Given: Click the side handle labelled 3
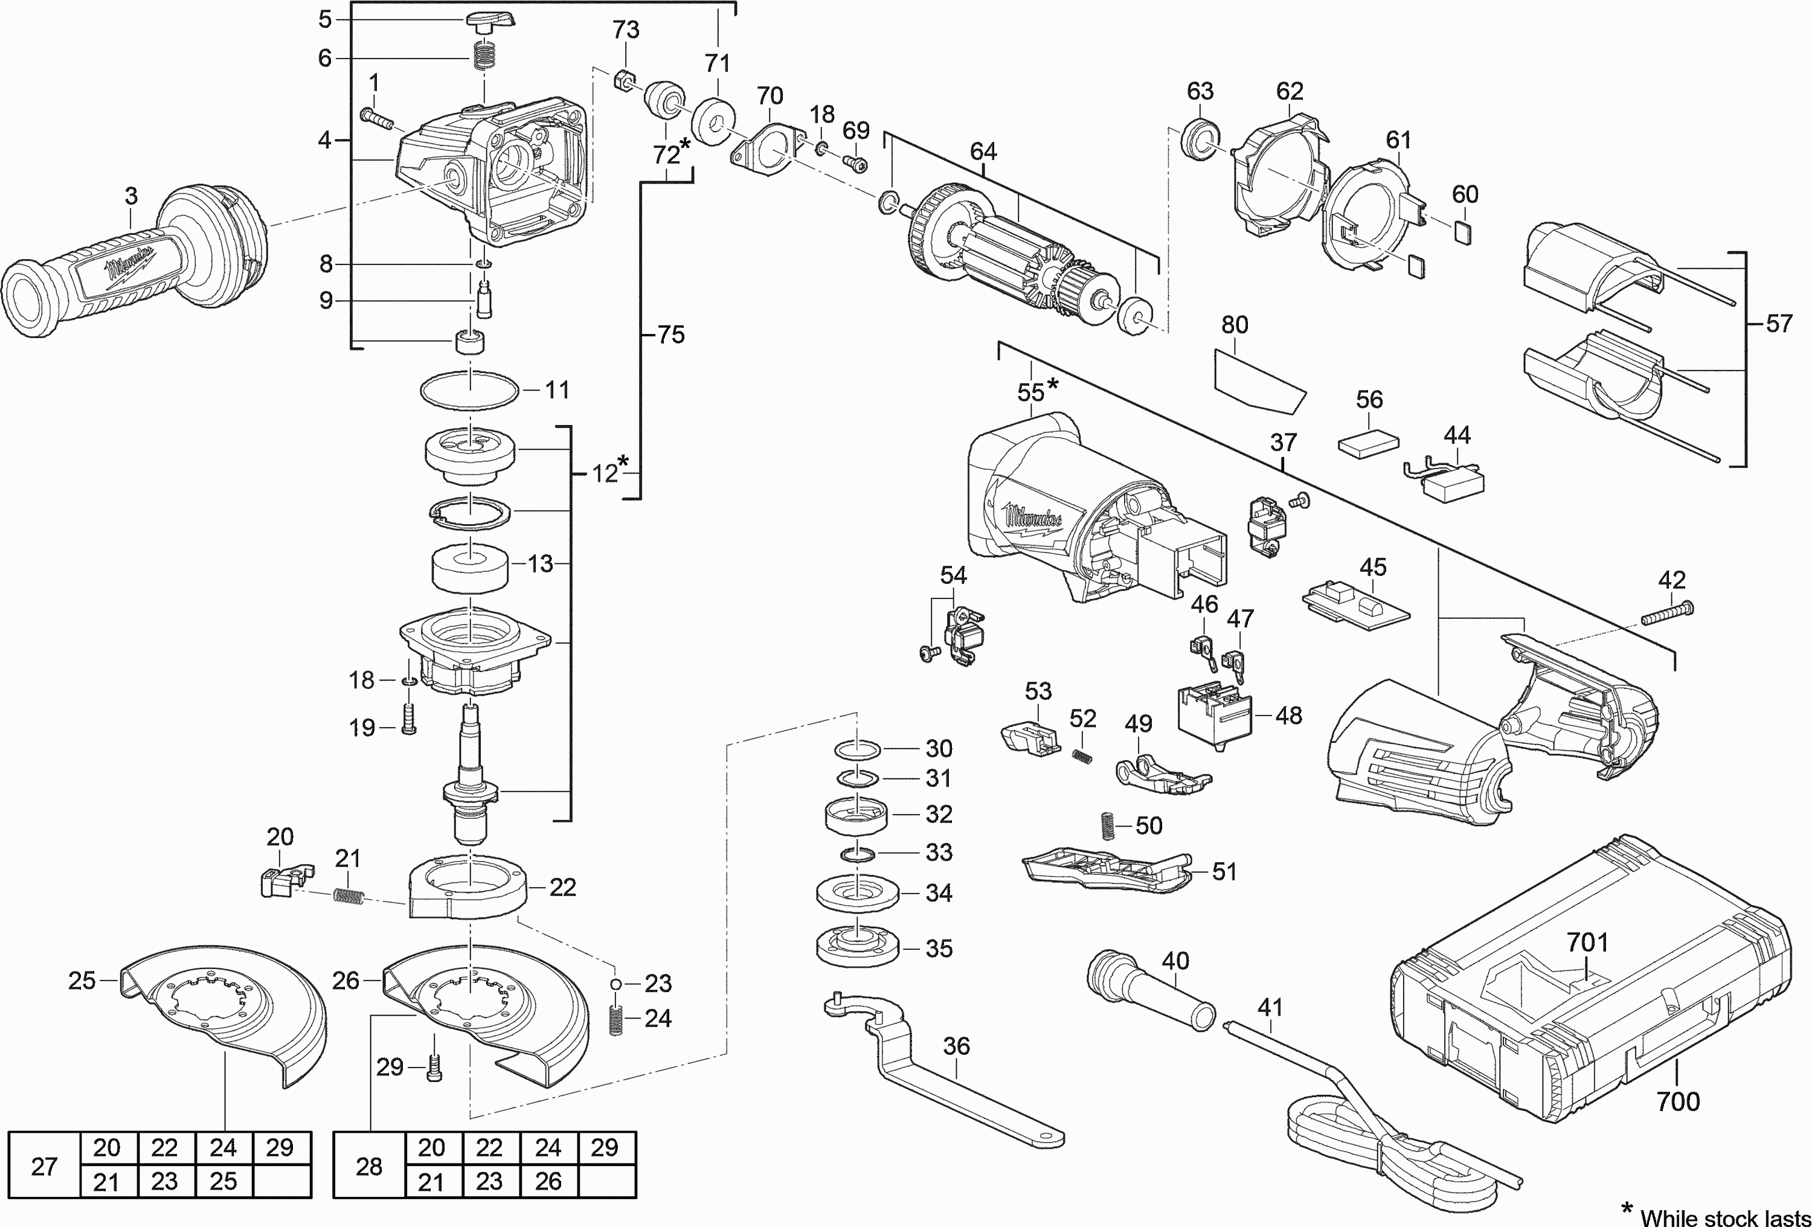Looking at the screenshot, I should point(132,265).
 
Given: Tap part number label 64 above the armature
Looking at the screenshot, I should point(983,151).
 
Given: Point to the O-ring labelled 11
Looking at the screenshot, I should point(470,389).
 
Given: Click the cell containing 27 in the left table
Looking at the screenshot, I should point(45,1165).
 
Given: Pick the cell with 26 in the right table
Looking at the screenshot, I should point(548,1182).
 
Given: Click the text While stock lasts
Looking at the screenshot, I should point(1724,1217).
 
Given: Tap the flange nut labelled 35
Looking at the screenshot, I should point(858,948).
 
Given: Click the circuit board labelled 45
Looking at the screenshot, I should point(1357,605).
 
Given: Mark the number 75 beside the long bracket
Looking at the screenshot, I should point(670,335).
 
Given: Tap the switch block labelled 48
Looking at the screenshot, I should point(1215,713).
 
